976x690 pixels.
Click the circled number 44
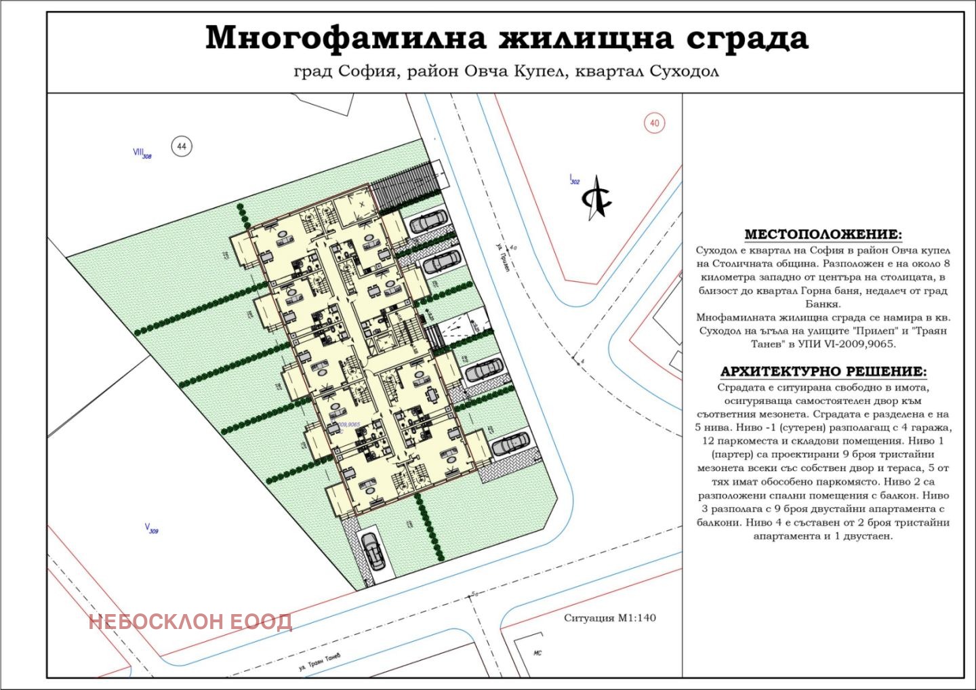tap(182, 146)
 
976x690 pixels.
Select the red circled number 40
tap(654, 123)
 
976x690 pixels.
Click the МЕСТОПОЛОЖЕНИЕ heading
tap(823, 235)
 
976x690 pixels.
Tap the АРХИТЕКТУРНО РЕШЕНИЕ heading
tap(823, 371)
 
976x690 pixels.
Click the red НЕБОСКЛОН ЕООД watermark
tap(190, 622)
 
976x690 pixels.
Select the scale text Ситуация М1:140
tap(609, 617)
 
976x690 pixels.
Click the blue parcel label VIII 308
tap(142, 153)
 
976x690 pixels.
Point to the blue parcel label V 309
tap(151, 528)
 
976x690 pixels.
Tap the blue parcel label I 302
tap(574, 180)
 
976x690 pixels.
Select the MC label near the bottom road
tap(537, 653)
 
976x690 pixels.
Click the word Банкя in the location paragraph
tap(823, 304)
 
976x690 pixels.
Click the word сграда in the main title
tap(748, 38)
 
